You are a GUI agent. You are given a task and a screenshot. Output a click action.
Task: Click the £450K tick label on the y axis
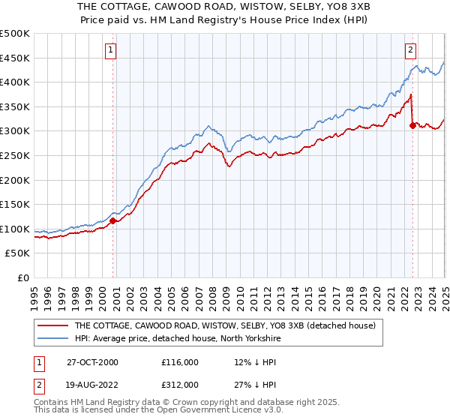pos(15,58)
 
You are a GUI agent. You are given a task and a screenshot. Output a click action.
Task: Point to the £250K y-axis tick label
pos(15,155)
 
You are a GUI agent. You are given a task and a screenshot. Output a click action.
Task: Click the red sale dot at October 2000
pos(113,220)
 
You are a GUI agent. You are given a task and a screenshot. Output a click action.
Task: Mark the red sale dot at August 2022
pos(412,125)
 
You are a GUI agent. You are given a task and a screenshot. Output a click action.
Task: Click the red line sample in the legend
pos(53,325)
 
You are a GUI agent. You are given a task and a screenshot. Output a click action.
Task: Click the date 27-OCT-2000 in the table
pos(92,362)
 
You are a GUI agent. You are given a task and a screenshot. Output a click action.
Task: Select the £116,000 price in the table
pos(181,362)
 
